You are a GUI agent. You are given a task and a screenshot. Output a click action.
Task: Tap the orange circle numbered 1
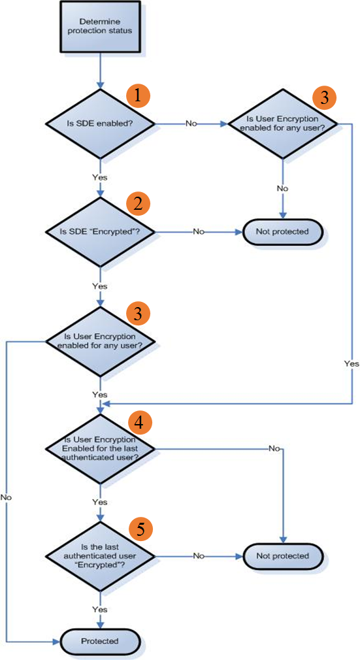coord(138,95)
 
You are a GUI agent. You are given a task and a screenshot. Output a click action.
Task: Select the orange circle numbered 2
coord(138,203)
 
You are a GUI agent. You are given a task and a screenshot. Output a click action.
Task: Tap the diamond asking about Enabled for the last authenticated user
coord(100,449)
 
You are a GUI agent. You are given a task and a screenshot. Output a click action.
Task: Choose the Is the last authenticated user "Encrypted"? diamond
coord(100,556)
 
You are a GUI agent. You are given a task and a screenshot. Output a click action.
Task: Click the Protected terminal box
coord(100,641)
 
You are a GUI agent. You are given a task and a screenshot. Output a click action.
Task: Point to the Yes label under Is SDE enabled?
coord(100,177)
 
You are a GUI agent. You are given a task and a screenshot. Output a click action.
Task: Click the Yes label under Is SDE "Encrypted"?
coord(100,286)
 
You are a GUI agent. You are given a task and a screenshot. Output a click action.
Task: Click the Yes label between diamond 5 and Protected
coord(100,610)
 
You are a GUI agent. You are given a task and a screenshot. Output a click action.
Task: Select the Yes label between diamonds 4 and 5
coord(100,503)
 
